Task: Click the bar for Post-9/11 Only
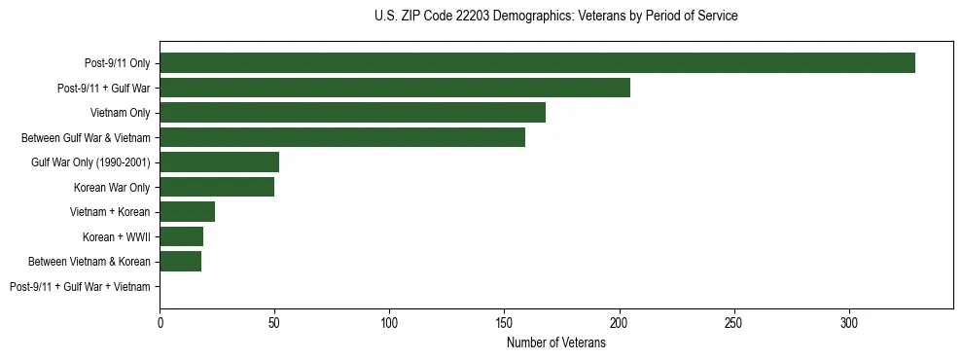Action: pyautogui.click(x=537, y=63)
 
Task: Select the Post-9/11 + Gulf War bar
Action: pyautogui.click(x=395, y=88)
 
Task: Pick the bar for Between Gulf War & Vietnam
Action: pyautogui.click(x=342, y=137)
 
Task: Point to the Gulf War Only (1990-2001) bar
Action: pyautogui.click(x=219, y=162)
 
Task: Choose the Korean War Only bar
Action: pyautogui.click(x=217, y=187)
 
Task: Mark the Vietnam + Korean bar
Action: pyautogui.click(x=187, y=212)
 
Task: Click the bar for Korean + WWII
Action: pyautogui.click(x=181, y=236)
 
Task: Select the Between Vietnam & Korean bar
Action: pyautogui.click(x=180, y=262)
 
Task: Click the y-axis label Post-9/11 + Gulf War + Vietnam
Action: pyautogui.click(x=80, y=287)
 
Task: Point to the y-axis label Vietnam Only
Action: pyautogui.click(x=120, y=113)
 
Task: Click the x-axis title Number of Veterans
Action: pyautogui.click(x=555, y=343)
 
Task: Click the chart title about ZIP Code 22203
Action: pyautogui.click(x=555, y=17)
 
